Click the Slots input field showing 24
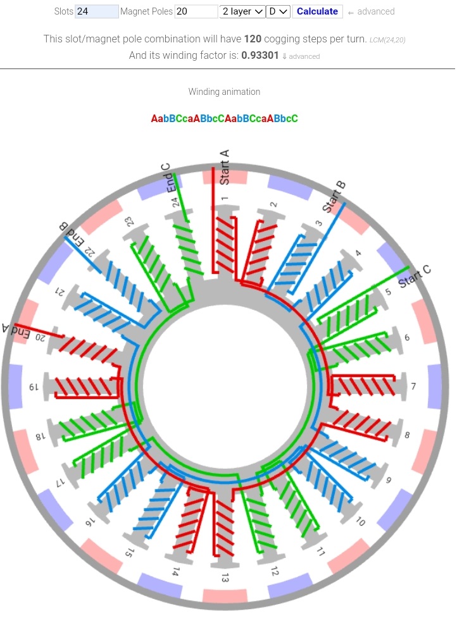pos(96,11)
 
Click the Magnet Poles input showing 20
pos(196,11)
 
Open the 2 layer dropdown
pos(242,11)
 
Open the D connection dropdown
pos(279,11)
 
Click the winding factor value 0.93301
pos(260,56)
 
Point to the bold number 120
pos(253,39)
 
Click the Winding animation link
pos(224,92)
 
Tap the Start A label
pos(224,168)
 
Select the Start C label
pos(415,276)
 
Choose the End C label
pos(169,178)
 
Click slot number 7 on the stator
pos(413,386)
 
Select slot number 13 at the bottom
pos(225,578)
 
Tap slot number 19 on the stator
pos(36,386)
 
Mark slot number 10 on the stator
pos(360,522)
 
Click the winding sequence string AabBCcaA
pos(224,118)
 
